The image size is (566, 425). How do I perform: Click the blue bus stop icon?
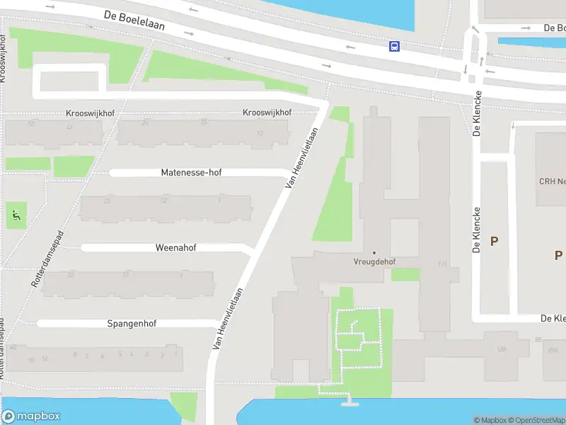[394, 47]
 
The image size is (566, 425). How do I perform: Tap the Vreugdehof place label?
[374, 261]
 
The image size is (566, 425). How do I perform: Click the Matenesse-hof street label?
[191, 172]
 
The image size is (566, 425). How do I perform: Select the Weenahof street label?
[175, 248]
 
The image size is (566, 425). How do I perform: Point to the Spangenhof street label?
[132, 323]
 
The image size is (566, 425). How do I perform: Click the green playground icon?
[16, 213]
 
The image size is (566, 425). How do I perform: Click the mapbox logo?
[31, 416]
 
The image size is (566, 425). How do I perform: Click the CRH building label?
[552, 181]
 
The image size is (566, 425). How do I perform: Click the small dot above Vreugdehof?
[374, 252]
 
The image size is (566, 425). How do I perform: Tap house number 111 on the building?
[443, 264]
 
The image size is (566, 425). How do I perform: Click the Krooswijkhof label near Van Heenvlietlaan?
[267, 113]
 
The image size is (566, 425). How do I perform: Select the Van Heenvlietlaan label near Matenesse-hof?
[301, 157]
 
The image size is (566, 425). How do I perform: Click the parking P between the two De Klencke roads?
[494, 241]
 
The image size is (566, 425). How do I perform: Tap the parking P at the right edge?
[558, 255]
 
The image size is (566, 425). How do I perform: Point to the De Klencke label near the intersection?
[478, 113]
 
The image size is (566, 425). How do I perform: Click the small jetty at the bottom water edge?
[347, 403]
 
